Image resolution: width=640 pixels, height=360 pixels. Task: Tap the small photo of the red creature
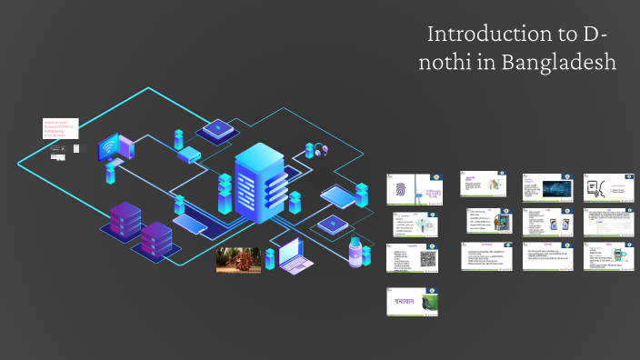coord(238,260)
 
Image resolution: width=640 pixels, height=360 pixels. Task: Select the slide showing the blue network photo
coord(546,187)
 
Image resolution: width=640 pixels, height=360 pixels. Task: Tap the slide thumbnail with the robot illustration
coord(608,256)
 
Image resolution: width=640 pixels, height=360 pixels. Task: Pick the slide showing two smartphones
coord(546,222)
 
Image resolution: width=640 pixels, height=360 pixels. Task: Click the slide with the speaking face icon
coord(608,187)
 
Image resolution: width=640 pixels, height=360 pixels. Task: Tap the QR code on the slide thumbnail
coord(429,258)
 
